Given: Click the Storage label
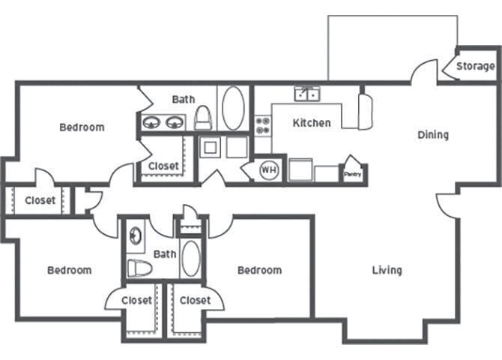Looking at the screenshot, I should (475, 67).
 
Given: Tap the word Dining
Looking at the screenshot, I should (432, 135).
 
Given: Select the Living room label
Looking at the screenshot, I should (387, 270).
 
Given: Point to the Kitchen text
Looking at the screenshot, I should (311, 123).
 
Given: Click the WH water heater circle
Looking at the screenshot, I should (268, 170).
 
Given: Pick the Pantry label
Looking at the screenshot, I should (352, 174).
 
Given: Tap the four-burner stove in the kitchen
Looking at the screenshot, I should (263, 124).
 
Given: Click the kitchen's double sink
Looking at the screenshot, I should (306, 94).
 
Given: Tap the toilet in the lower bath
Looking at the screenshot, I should (139, 268).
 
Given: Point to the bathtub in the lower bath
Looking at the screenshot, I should (191, 259).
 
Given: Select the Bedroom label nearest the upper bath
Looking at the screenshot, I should (82, 127).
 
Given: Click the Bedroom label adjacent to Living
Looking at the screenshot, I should (259, 270).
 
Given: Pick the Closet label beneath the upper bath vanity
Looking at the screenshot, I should (163, 166).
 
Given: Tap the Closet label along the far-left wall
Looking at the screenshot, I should (40, 200).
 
